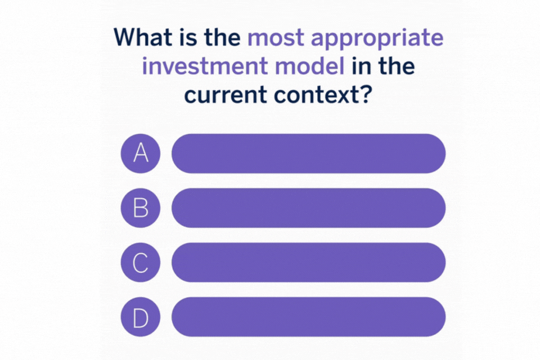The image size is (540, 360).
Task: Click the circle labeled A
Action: (x=141, y=154)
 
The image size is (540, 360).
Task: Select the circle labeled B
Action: (x=141, y=208)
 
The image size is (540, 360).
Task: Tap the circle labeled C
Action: (x=141, y=263)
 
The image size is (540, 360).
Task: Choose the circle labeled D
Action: (x=141, y=317)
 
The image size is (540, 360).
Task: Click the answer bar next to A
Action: (x=309, y=154)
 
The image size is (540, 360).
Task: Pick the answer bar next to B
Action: (x=309, y=208)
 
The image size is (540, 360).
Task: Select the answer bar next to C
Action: (x=309, y=263)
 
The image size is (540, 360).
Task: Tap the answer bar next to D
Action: (x=309, y=317)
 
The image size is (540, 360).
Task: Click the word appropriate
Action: (x=377, y=39)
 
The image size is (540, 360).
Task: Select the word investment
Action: (x=205, y=66)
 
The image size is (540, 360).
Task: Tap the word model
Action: (x=309, y=66)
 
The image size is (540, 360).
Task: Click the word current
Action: (x=225, y=95)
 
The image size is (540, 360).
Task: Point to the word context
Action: (x=316, y=95)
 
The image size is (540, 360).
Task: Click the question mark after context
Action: (x=366, y=94)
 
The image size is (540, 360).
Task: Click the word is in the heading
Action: (x=188, y=37)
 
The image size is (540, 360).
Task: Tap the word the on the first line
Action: (x=223, y=37)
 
